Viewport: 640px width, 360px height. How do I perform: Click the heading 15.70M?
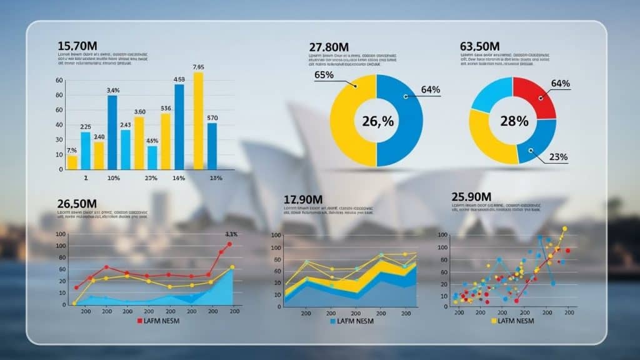tap(77, 46)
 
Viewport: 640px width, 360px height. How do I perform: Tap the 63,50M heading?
tap(479, 46)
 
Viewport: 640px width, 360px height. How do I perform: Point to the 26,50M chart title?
tap(77, 204)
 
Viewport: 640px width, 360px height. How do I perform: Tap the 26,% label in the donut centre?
tap(377, 121)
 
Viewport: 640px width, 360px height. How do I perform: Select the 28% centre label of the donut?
tap(514, 121)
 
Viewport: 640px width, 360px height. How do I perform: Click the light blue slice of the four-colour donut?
tap(491, 94)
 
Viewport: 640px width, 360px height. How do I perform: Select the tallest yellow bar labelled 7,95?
tap(198, 120)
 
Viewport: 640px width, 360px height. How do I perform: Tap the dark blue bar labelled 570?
tap(212, 146)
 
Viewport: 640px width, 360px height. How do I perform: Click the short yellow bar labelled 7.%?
tap(72, 162)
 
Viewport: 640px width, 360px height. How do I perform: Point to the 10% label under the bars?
tap(113, 179)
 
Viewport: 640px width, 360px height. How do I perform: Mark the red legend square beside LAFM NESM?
tap(140, 321)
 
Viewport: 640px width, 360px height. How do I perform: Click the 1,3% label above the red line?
tap(231, 234)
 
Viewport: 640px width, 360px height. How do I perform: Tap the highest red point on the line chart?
tap(229, 244)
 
